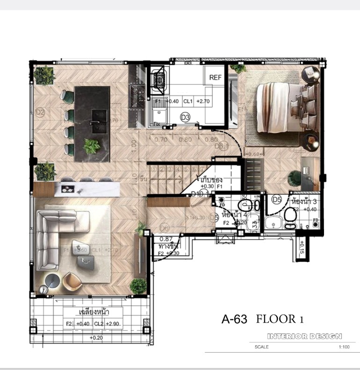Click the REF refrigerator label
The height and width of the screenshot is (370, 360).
[x=215, y=77]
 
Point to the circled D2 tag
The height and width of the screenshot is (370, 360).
[x=40, y=112]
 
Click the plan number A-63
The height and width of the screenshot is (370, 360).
[x=234, y=319]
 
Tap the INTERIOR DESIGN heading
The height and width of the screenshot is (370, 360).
[x=304, y=336]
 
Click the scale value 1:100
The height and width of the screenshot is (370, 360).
[x=345, y=348]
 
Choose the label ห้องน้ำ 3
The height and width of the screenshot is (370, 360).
[x=304, y=202]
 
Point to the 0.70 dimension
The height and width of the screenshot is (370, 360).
[x=160, y=139]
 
